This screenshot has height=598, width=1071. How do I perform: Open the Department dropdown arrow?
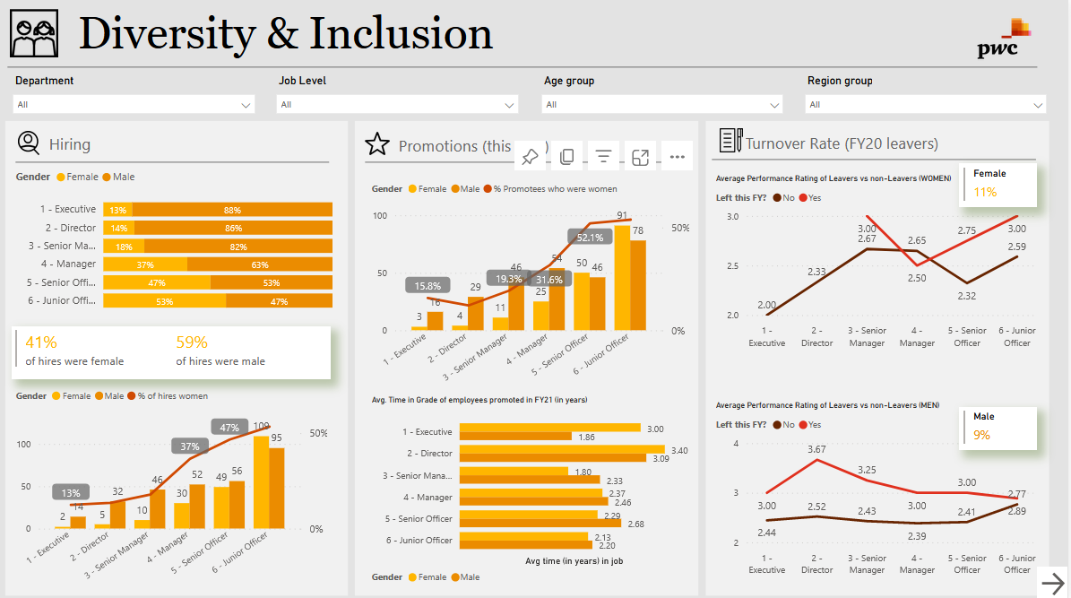click(x=246, y=105)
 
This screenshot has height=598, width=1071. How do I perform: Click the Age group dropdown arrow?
click(x=773, y=105)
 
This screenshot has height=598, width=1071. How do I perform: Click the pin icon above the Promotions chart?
click(x=530, y=157)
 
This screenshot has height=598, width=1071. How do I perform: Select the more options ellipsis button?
click(x=677, y=157)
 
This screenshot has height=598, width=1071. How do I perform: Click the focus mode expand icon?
click(x=640, y=157)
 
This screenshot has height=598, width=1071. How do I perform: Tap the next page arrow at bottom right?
click(x=1052, y=583)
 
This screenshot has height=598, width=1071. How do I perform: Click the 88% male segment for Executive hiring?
click(x=232, y=210)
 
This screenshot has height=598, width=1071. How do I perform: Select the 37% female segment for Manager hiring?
click(x=145, y=264)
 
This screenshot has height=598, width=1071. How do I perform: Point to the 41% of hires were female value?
click(x=41, y=342)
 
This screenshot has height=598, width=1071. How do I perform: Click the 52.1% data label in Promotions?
click(x=589, y=238)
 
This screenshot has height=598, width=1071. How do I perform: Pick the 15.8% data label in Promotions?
click(x=428, y=286)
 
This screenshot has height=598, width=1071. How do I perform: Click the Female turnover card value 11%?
click(x=985, y=192)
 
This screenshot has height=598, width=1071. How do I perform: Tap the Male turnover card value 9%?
click(x=981, y=435)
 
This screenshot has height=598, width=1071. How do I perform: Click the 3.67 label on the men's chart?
click(x=817, y=448)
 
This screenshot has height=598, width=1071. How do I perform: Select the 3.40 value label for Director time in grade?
click(x=679, y=450)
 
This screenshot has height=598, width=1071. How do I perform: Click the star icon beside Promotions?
click(x=377, y=144)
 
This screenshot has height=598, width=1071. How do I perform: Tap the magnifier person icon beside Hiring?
click(x=29, y=143)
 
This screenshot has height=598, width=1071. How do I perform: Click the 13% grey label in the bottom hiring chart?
click(x=71, y=492)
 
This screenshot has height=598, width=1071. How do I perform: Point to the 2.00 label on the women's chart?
click(x=766, y=305)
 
